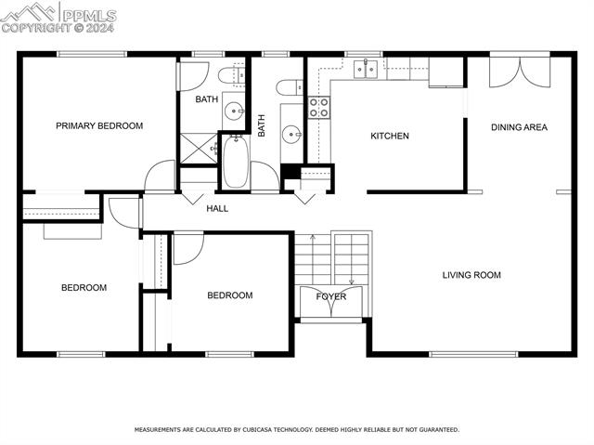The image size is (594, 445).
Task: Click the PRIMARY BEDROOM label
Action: click(x=99, y=125)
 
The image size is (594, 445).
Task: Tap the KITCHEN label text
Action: click(x=390, y=137)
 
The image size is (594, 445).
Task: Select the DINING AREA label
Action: click(x=519, y=127)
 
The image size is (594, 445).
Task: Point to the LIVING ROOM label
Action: click(x=471, y=275)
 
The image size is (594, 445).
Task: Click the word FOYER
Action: click(x=331, y=297)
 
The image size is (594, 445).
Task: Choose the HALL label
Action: click(x=217, y=209)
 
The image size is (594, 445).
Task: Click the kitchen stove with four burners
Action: click(x=318, y=107)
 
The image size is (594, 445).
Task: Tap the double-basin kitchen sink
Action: click(x=365, y=67)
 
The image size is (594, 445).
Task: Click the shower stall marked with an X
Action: click(x=198, y=148)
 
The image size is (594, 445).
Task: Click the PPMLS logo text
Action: click(x=87, y=14)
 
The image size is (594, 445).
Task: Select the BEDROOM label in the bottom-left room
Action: click(x=84, y=288)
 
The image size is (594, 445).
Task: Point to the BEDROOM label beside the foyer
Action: click(x=229, y=296)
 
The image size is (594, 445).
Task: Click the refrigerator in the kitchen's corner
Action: click(x=446, y=72)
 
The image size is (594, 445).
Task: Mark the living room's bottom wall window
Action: click(x=473, y=354)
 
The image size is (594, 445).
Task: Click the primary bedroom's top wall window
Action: click(x=92, y=54)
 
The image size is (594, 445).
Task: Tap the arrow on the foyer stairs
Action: click(x=351, y=280)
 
